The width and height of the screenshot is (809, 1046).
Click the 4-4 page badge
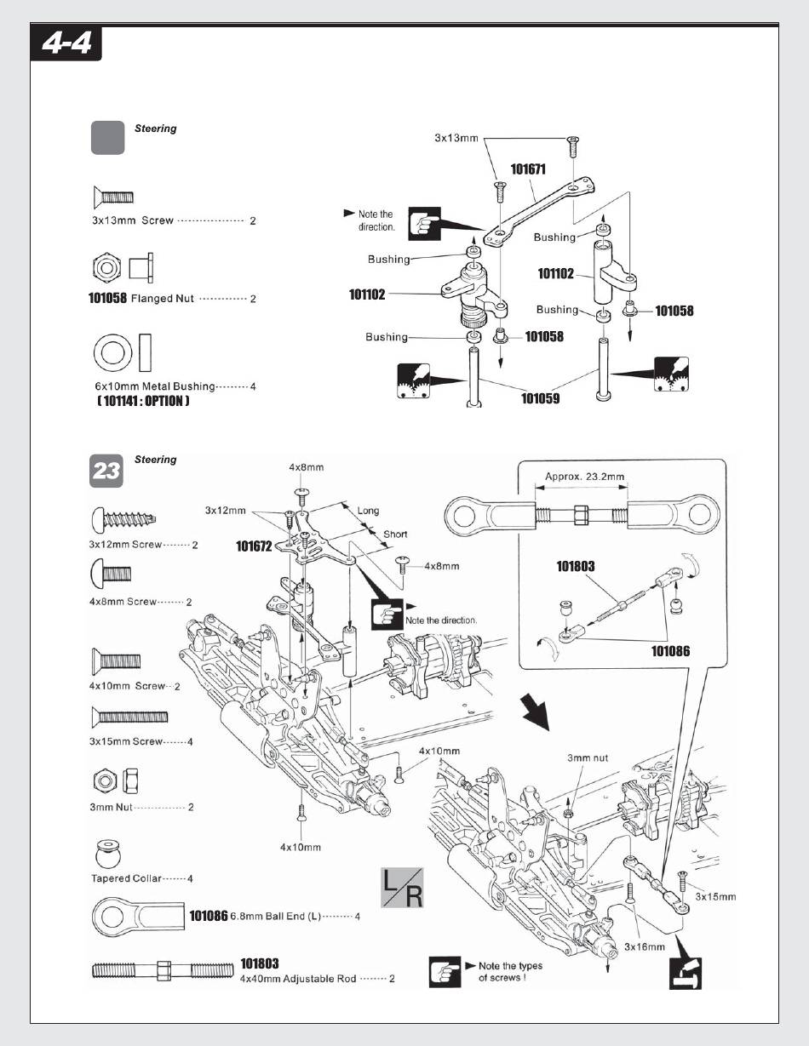point(66,43)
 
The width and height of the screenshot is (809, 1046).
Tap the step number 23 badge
point(107,471)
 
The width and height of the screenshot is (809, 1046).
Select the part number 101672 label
point(254,546)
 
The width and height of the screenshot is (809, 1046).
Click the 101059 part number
point(540,397)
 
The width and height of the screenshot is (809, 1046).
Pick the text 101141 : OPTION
point(143,401)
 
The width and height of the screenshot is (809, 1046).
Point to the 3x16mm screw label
point(644,946)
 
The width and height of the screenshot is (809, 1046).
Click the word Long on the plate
point(368,511)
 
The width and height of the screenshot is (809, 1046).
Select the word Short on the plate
point(395,534)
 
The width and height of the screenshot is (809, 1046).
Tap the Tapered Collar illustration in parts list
point(108,853)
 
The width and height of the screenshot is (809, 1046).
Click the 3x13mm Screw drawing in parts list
point(112,197)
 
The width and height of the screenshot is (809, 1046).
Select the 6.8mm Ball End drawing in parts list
point(136,916)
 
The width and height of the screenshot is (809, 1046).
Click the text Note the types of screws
point(510,971)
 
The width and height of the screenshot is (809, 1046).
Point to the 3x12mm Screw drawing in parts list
point(125,517)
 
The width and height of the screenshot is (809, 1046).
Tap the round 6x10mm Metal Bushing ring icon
point(111,352)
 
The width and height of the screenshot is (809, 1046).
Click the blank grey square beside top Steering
point(107,137)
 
